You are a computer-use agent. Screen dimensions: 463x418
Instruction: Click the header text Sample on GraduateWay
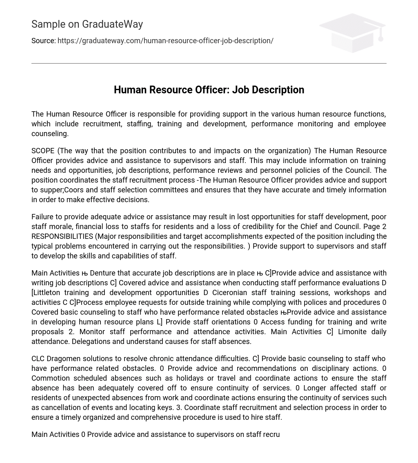(87, 24)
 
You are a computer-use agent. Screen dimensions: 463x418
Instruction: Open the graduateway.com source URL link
(165, 41)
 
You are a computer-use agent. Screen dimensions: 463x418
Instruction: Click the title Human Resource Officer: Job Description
(209, 90)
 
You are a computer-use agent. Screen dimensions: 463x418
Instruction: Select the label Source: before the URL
(43, 41)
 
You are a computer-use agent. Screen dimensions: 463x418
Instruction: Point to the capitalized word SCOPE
(43, 151)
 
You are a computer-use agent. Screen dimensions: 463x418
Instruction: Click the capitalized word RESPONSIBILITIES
(62, 236)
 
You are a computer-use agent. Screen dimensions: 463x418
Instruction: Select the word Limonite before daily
(354, 332)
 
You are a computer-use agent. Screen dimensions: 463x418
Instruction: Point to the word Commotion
(50, 378)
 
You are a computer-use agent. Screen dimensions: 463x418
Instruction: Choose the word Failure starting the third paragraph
(43, 217)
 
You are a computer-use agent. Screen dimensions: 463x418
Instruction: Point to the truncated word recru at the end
(271, 434)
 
